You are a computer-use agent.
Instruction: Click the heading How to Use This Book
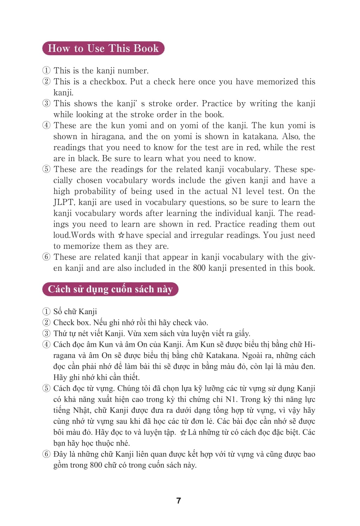tap(103, 48)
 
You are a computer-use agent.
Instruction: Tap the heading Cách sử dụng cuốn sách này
tap(110, 289)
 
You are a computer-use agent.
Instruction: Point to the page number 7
tap(179, 500)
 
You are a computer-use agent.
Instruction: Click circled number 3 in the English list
tap(46, 104)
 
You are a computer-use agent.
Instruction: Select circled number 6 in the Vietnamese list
tap(46, 454)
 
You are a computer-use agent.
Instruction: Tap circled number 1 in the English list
tap(46, 71)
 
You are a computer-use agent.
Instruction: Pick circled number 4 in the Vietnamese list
tap(46, 344)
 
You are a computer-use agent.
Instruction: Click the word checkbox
tap(107, 82)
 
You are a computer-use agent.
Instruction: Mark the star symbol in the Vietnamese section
tap(183, 433)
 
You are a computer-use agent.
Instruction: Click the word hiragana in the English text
tap(107, 137)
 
